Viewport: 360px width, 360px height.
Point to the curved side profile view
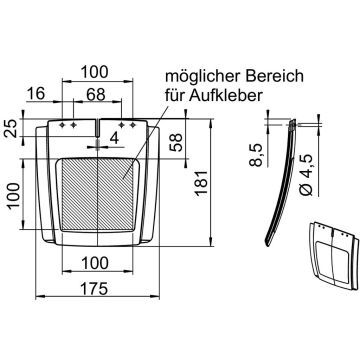pyautogui.click(x=283, y=185)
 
